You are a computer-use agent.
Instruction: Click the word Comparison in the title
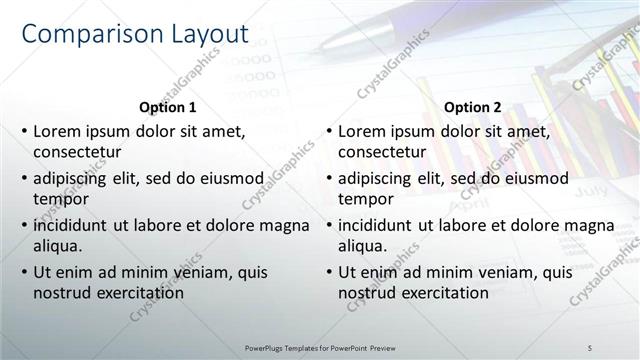pos(84,34)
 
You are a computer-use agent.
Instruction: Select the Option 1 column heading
pos(166,107)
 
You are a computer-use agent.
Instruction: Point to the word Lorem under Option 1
pos(56,131)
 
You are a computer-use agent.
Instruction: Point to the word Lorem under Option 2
pos(361,131)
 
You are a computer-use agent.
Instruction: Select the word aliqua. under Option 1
pos(57,246)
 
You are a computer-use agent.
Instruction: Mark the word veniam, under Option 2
pos(506,272)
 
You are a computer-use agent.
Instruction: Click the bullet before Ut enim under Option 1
pos(24,272)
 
